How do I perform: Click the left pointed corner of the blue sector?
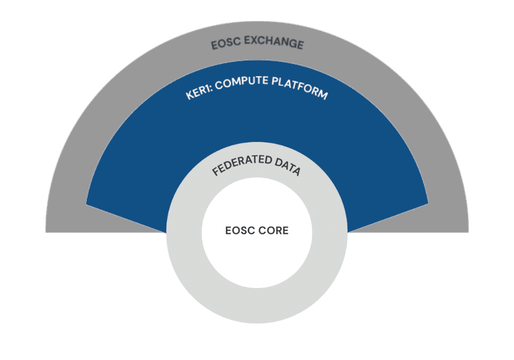(x=86, y=204)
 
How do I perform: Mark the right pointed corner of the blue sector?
(x=428, y=204)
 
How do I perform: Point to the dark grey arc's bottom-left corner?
(x=46, y=232)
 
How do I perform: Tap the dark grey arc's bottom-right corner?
(x=468, y=232)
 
